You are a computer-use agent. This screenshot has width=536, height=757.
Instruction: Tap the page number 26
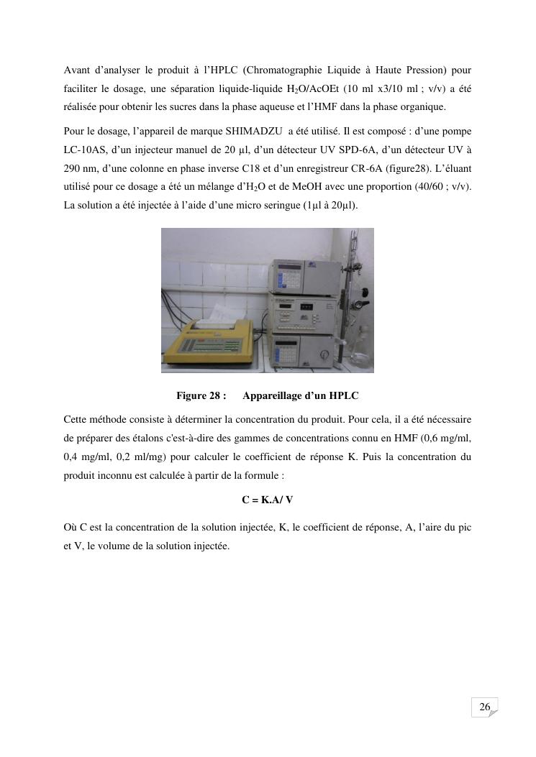(485, 707)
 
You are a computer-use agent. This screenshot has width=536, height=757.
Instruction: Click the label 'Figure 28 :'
(201, 395)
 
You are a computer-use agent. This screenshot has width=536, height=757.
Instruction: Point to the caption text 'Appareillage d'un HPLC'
(301, 395)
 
